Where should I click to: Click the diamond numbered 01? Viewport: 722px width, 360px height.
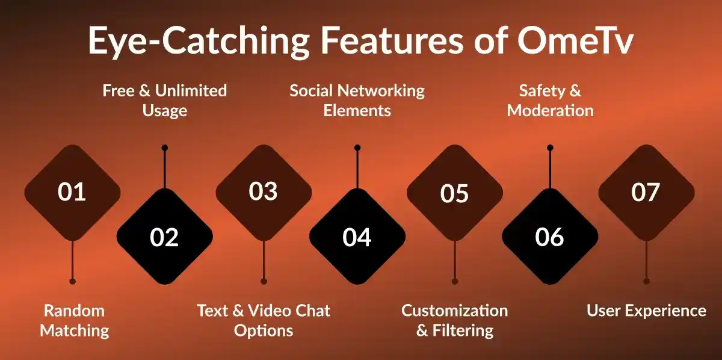[x=72, y=192]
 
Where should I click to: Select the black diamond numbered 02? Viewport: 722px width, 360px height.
[x=165, y=237]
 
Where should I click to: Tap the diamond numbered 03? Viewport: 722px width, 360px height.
[x=264, y=192]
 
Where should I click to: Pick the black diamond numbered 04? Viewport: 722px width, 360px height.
[x=357, y=237]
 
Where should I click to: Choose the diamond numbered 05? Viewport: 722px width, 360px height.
[x=454, y=193]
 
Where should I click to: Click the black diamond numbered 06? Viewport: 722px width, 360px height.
[x=550, y=237]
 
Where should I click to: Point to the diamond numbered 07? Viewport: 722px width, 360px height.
[x=646, y=192]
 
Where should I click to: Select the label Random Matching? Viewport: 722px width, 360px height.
[x=74, y=320]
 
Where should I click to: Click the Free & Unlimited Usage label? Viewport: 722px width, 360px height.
[x=165, y=101]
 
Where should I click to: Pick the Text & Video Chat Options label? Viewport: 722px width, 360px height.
[x=264, y=320]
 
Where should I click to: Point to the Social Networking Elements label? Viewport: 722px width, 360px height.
[x=357, y=101]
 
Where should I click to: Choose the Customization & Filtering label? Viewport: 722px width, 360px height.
[x=455, y=320]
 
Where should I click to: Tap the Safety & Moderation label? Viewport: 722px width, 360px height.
[x=550, y=101]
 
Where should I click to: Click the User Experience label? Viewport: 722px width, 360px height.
[x=646, y=311]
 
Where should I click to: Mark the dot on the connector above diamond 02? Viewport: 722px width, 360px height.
[x=165, y=147]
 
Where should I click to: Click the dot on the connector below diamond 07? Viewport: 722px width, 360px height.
[x=646, y=281]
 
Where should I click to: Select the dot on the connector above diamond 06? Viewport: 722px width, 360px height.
[x=550, y=147]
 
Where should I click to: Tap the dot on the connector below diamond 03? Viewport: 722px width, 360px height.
[x=264, y=281]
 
